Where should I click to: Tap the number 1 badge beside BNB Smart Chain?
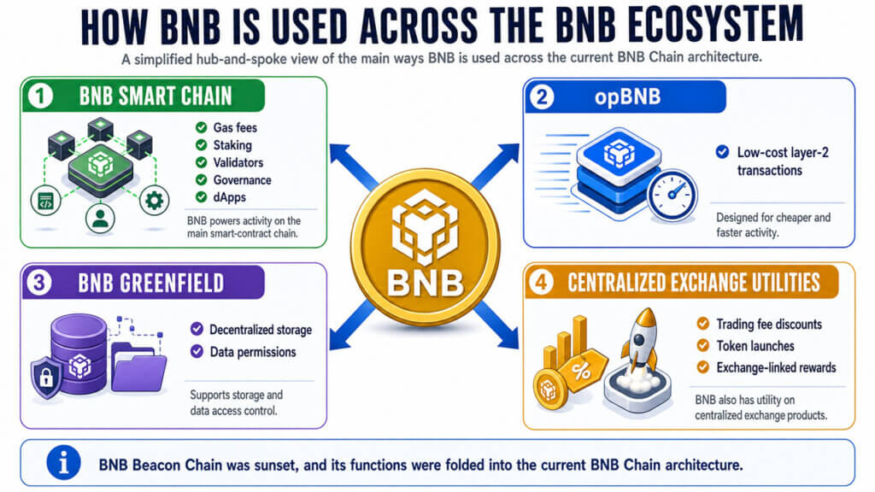[40, 96]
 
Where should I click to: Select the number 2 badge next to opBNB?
[542, 97]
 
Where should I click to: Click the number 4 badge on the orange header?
[541, 282]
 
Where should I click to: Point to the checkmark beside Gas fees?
[202, 128]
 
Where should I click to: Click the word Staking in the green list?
[232, 145]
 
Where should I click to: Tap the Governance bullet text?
[242, 180]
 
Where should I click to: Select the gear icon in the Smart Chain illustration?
[154, 200]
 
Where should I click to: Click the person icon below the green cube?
[101, 218]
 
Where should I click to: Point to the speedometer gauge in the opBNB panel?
[672, 196]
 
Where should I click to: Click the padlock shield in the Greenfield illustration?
[46, 377]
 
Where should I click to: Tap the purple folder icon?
[138, 367]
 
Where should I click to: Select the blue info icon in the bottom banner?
[63, 462]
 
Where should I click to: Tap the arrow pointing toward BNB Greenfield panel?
[352, 325]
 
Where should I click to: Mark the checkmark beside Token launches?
[703, 346]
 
